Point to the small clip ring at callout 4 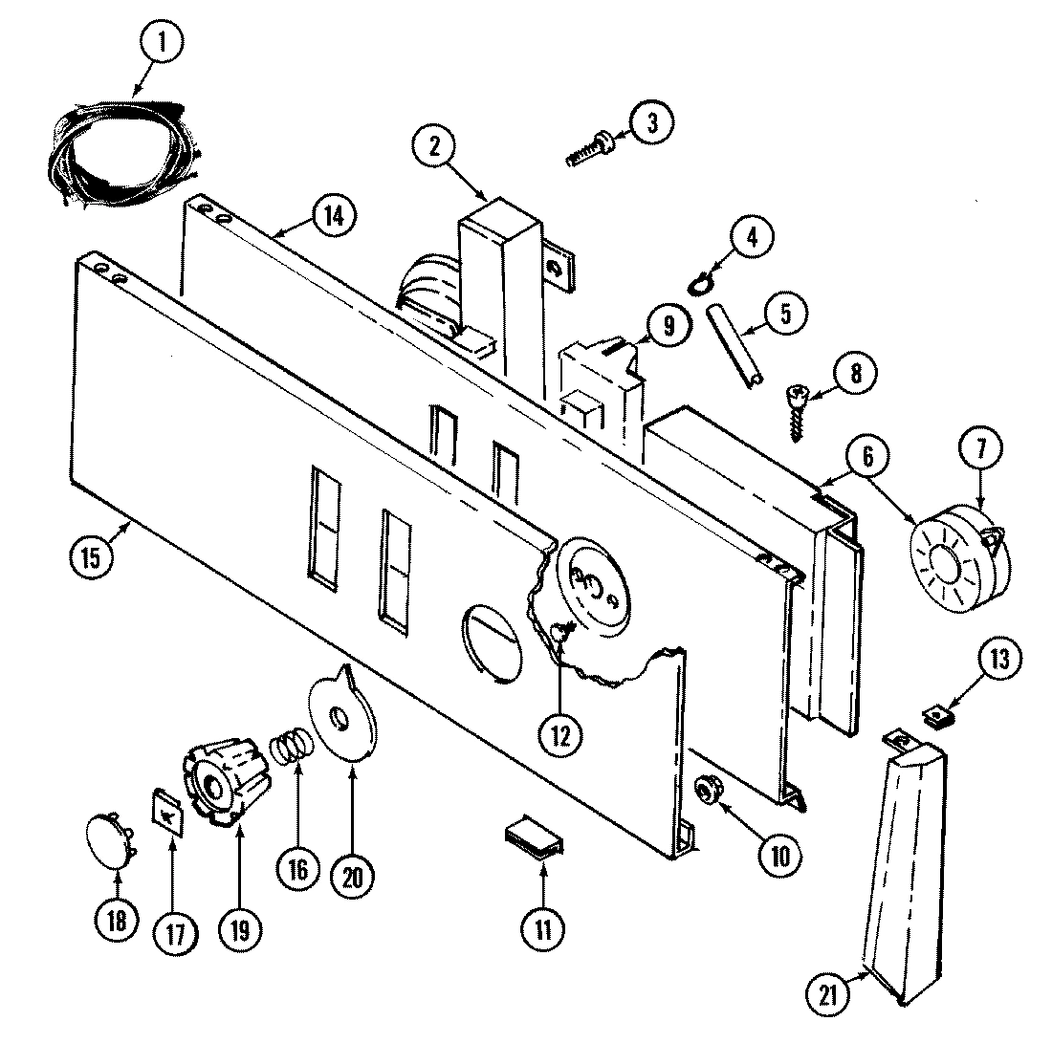[700, 282]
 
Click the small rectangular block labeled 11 [534, 838]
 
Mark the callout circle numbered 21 [827, 994]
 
